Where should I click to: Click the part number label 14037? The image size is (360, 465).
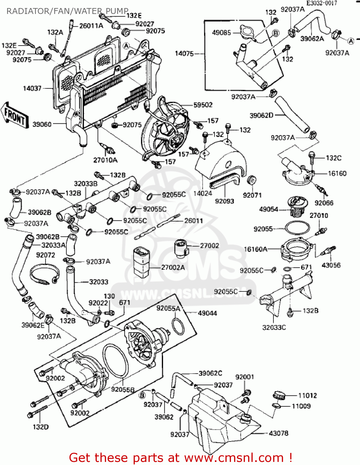coord(32,89)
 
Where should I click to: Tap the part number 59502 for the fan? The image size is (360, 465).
coord(203,105)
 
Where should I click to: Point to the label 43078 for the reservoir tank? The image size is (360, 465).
coord(278,433)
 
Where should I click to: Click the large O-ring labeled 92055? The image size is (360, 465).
coord(297,228)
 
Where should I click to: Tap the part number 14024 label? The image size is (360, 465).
coord(202,193)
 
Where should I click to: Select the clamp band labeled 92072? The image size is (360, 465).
coord(44,274)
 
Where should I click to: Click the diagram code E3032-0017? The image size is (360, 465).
coord(322,3)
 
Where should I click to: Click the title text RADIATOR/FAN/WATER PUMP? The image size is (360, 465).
coord(67,11)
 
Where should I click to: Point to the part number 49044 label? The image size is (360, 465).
coord(207,313)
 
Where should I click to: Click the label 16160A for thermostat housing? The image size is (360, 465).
coord(256,249)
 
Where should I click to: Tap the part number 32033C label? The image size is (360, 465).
coord(274,327)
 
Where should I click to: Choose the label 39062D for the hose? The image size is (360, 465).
coord(261,115)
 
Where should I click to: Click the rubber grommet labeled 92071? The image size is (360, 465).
coord(251,180)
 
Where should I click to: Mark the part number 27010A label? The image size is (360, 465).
coord(105,160)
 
